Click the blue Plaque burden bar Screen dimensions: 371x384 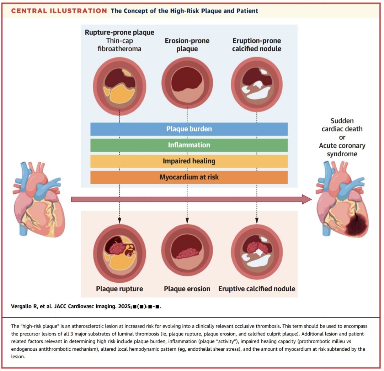189,129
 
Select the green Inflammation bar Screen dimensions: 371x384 189,145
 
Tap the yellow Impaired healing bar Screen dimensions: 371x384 189,161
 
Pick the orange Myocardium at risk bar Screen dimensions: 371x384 189,177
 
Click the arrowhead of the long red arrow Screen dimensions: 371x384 306,199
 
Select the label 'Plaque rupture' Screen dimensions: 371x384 119,288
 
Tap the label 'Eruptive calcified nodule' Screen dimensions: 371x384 257,288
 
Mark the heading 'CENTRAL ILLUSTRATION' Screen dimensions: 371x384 59,11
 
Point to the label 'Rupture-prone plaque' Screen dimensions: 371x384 119,32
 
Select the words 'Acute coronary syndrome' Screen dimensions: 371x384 342,150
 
